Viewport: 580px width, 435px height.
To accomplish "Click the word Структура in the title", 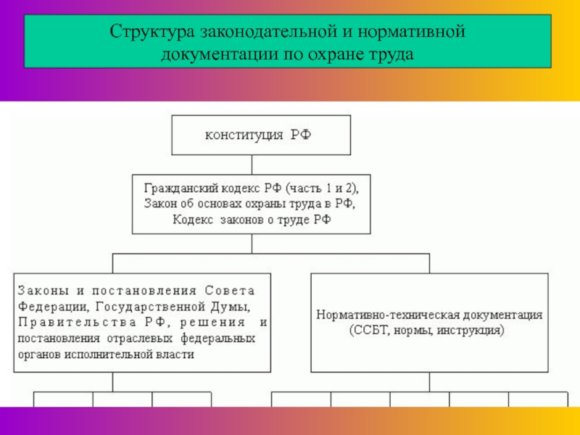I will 149,33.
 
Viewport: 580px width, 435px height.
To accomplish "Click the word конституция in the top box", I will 244,134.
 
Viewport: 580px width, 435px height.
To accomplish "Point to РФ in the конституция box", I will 302,134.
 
